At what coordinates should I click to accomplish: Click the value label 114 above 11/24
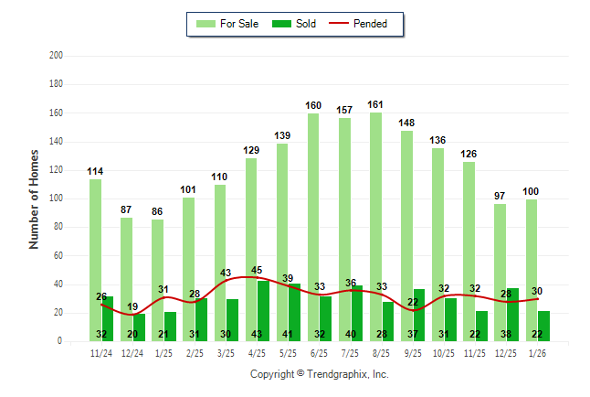pos(95,171)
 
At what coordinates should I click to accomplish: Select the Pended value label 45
pos(257,270)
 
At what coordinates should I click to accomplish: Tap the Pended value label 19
pos(132,307)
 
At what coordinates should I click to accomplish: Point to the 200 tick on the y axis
pos(57,56)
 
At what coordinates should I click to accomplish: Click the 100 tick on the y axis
pos(57,198)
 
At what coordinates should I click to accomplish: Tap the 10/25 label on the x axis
pos(444,354)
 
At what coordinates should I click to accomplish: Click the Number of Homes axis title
pos(35,198)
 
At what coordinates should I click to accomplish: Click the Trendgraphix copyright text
pos(320,374)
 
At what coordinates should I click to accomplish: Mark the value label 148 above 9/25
pos(406,123)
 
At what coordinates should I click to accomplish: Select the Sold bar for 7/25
pos(357,313)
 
